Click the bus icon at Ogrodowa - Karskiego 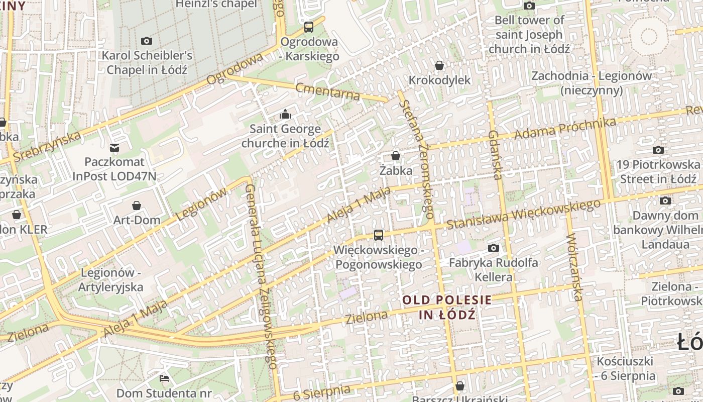tap(309, 27)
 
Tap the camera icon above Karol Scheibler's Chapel tap(147, 41)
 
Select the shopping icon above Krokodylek tap(439, 65)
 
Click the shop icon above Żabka tap(396, 156)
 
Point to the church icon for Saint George tap(285, 115)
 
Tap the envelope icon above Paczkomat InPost tap(114, 147)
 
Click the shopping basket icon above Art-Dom tap(137, 205)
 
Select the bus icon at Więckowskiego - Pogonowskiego tap(379, 235)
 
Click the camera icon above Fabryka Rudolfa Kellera tap(494, 248)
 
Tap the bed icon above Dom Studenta tap(164, 378)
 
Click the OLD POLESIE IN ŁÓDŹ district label tap(447, 307)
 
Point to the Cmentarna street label tap(328, 91)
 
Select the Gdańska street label tap(495, 154)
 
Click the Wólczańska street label tap(574, 267)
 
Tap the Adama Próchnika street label tap(565, 129)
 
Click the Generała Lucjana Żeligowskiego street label tap(262, 276)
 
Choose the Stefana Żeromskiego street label tap(416, 159)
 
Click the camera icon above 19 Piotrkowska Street tap(658, 150)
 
